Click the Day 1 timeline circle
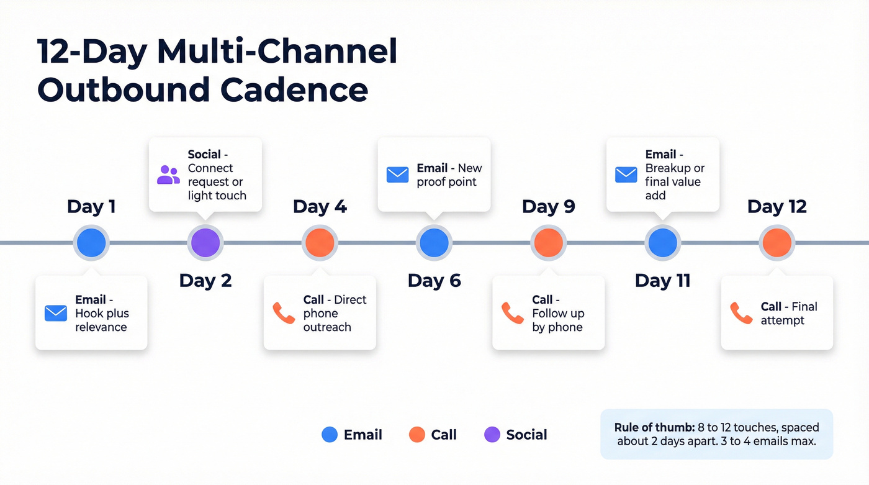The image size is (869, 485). [x=91, y=242]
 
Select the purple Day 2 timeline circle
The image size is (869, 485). [x=205, y=242]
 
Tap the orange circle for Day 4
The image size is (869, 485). [x=320, y=242]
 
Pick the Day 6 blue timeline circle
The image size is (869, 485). [x=434, y=242]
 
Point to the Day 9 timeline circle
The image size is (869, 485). [x=548, y=242]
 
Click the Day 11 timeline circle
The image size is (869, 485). [x=662, y=242]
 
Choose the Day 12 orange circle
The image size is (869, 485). [x=777, y=242]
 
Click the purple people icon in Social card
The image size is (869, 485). [x=168, y=175]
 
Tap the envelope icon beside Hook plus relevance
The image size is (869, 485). [x=56, y=313]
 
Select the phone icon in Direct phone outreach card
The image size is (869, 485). [x=284, y=313]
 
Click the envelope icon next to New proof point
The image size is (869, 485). [x=397, y=175]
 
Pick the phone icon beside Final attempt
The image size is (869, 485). [x=741, y=313]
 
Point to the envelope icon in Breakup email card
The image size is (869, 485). [x=626, y=175]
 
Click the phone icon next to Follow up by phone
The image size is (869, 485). [x=513, y=313]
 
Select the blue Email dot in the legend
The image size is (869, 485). [x=330, y=435]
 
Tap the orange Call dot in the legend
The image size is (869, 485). [x=417, y=435]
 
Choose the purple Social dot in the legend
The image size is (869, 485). [x=492, y=435]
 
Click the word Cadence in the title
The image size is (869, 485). [x=294, y=89]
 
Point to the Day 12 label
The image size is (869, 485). [x=777, y=207]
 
